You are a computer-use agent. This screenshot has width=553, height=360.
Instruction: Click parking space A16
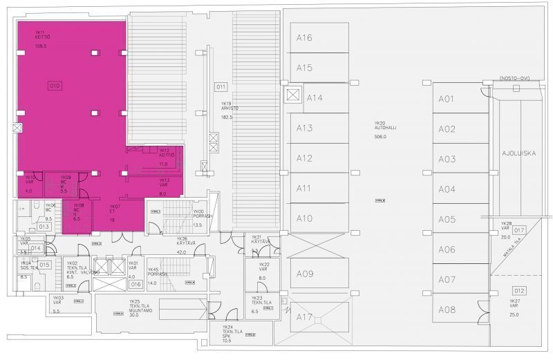(305, 37)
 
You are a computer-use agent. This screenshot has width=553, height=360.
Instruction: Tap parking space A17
(305, 317)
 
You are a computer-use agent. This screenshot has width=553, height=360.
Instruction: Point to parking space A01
(447, 99)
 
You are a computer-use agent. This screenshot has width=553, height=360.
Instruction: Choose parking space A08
(447, 310)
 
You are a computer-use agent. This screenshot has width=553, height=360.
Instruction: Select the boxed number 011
(221, 87)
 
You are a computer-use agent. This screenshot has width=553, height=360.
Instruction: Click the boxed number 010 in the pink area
(55, 86)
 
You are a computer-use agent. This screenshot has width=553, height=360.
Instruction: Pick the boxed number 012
(519, 290)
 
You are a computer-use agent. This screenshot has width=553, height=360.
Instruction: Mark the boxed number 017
(519, 230)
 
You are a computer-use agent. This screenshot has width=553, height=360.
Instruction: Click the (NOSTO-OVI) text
(513, 80)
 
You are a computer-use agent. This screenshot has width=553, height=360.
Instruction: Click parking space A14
(315, 97)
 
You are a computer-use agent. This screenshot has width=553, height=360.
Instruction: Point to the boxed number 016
(135, 284)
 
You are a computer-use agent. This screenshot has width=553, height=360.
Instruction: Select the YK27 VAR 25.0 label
(515, 308)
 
